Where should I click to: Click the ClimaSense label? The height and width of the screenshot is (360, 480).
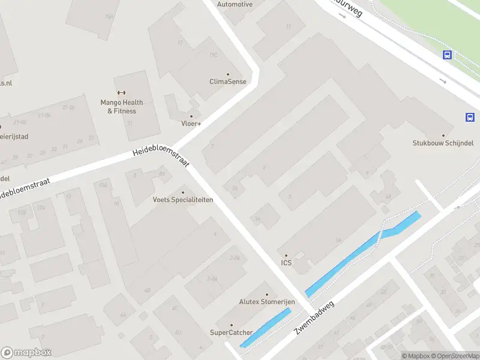pos(228,82)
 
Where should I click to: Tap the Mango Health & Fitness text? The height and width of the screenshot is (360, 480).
pos(122,107)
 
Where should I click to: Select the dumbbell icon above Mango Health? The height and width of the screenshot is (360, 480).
pos(122,92)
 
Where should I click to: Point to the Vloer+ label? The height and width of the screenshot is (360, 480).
pos(191,124)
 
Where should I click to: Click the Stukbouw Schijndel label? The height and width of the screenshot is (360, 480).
pos(443,143)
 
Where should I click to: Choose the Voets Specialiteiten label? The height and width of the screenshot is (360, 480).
pos(183,200)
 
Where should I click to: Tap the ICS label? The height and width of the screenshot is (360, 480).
pos(286,263)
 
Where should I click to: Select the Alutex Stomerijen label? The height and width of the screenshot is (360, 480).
pos(266,302)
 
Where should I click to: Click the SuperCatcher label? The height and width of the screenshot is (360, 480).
pos(231,332)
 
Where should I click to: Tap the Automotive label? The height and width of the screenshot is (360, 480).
pos(235,4)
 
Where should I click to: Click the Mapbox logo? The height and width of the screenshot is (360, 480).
pos(26,353)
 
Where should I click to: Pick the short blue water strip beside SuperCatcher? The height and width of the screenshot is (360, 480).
pos(265,327)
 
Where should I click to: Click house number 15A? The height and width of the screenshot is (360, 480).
pos(109,17)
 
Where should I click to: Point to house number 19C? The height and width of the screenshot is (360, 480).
pos(212,55)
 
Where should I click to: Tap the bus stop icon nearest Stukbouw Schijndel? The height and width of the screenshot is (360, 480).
pos(470,118)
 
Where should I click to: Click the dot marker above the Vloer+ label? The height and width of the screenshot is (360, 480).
pos(191,116)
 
